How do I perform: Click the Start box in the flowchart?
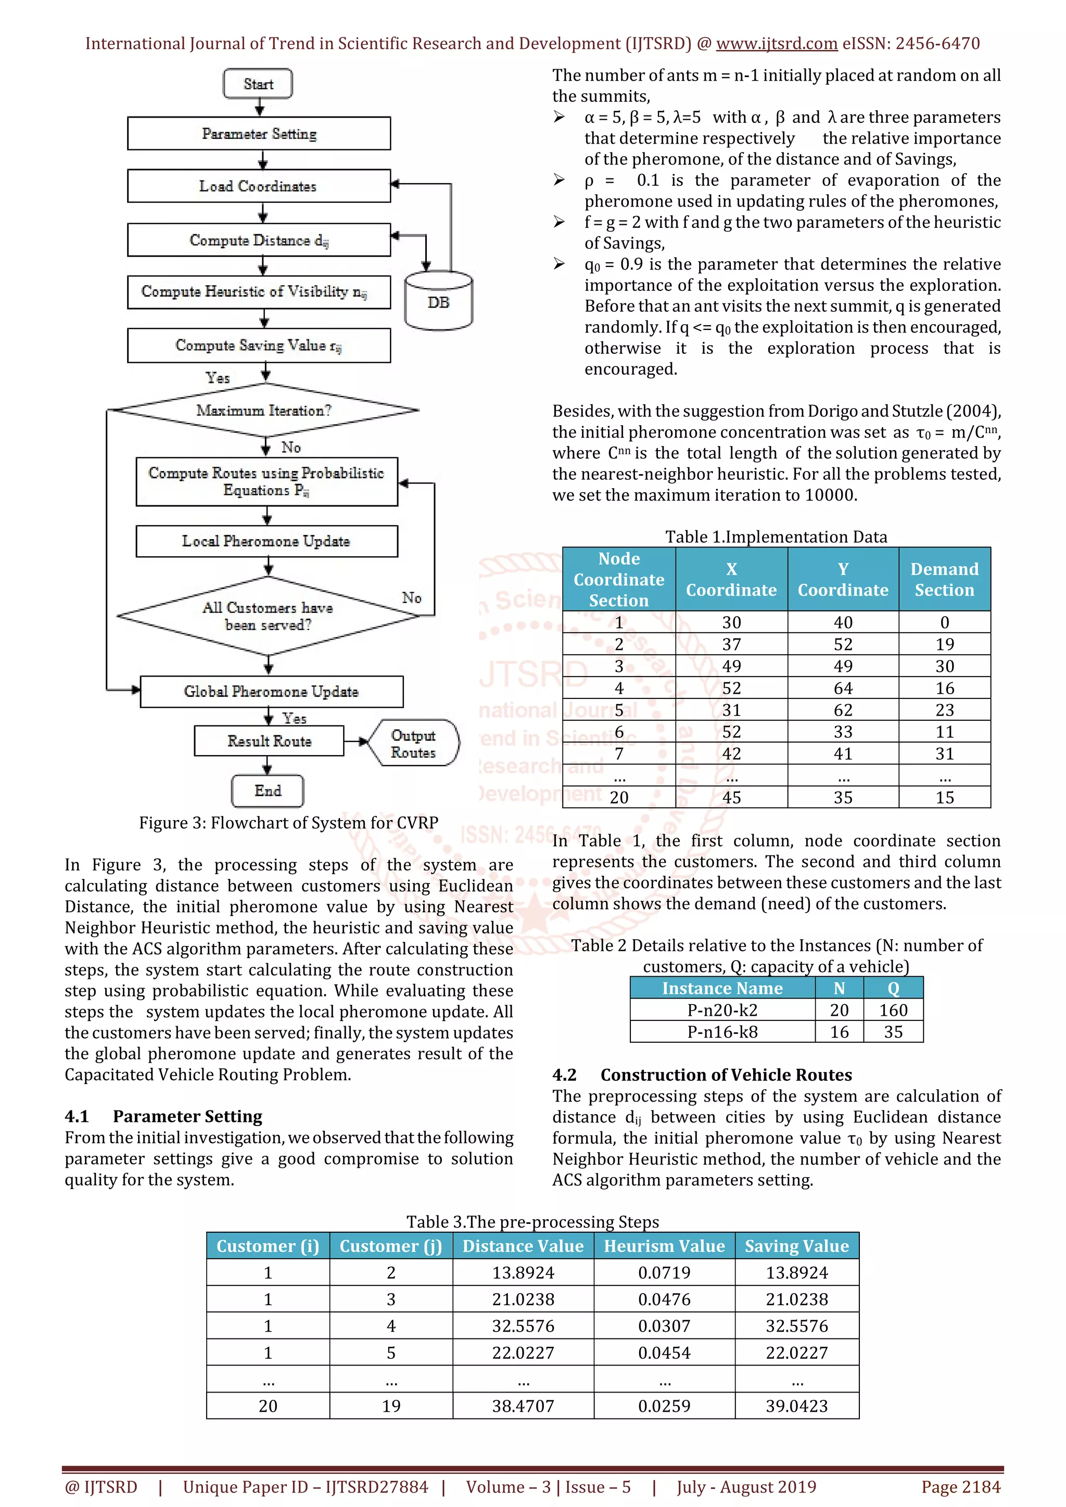click(x=258, y=84)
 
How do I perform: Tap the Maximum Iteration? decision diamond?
click(x=264, y=410)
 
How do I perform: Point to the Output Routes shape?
click(x=413, y=744)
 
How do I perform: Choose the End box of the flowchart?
click(x=268, y=791)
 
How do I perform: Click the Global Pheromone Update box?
click(x=272, y=692)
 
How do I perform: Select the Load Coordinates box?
click(x=259, y=186)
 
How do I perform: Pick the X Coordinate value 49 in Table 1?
click(x=731, y=666)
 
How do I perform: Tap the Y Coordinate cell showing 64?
click(x=843, y=688)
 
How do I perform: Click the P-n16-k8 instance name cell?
click(x=722, y=1032)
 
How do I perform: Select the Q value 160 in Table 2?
click(x=893, y=1010)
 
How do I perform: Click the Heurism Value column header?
click(x=664, y=1246)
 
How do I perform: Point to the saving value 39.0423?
click(x=797, y=1406)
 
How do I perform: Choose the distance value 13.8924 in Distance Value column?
click(x=523, y=1273)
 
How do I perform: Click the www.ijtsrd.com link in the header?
click(x=777, y=43)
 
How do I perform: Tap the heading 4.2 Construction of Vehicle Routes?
click(x=702, y=1075)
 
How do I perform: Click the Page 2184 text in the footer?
click(x=961, y=1487)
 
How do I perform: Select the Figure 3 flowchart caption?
click(x=288, y=822)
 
